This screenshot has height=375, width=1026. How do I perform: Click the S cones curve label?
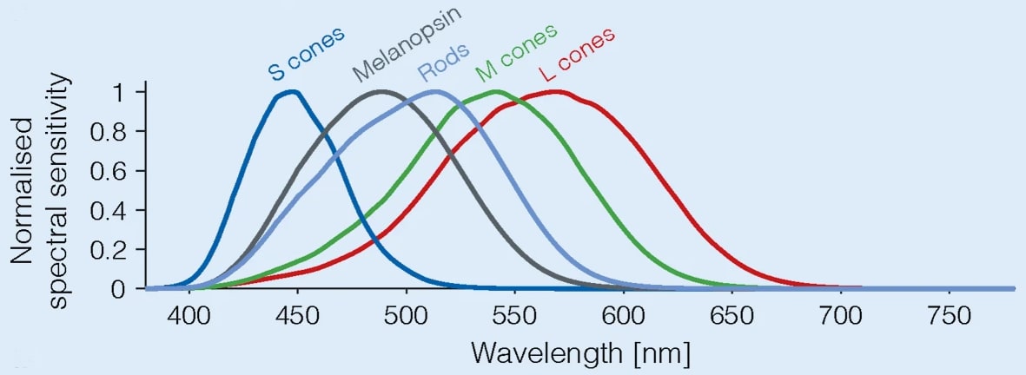coord(305,55)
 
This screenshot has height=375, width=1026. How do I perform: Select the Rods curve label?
coord(446,63)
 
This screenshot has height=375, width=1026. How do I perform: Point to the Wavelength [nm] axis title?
coord(580,353)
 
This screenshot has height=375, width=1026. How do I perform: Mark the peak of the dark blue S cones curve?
coord(293,91)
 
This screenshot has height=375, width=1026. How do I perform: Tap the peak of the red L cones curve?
coord(555,91)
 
